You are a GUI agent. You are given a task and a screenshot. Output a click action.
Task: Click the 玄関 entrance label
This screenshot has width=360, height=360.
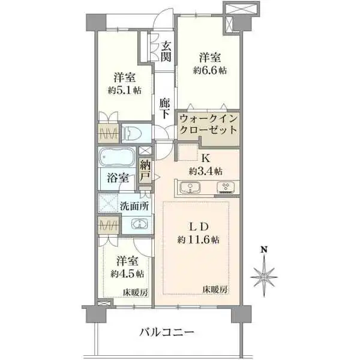tap(167, 52)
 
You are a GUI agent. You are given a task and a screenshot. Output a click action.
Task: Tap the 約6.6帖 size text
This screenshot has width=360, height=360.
tap(210, 70)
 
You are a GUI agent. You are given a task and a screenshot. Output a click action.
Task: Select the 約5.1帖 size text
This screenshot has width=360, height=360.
tap(125, 91)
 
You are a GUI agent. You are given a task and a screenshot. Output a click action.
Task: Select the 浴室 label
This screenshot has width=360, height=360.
tap(118, 178)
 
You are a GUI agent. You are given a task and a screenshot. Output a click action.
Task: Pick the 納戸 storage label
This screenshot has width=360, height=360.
tap(146, 172)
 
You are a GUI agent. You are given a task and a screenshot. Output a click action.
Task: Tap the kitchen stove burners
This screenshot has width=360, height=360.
tap(226, 188)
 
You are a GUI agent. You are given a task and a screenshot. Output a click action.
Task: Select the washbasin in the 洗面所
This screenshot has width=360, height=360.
tap(139, 225)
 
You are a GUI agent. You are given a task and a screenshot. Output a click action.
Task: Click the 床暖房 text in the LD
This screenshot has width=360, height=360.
tap(215, 289)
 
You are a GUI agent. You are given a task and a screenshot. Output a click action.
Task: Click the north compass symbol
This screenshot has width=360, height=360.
tap(263, 274)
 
